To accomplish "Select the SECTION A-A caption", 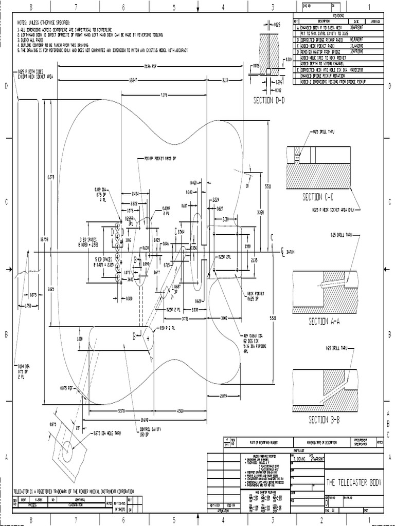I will (x=325, y=322).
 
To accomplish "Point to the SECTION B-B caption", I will (x=325, y=420).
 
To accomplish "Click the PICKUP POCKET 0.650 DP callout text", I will (x=160, y=159).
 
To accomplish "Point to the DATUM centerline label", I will (x=291, y=252).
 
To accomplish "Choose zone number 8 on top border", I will (x=31, y=7).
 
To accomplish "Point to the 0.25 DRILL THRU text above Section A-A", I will (x=340, y=235).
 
